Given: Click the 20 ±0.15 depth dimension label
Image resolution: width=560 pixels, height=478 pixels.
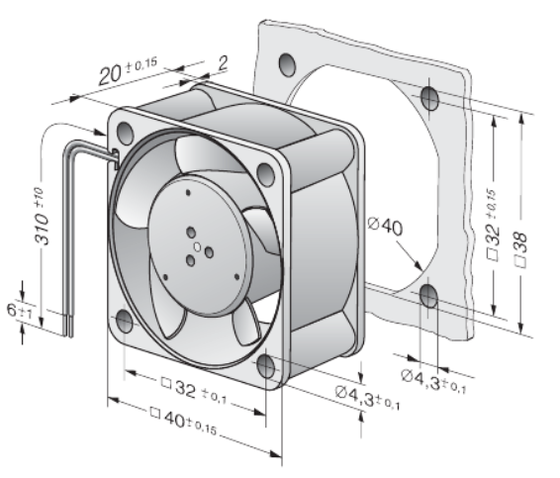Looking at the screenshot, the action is point(128,70).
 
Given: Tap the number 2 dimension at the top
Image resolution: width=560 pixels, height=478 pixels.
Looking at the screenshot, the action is point(223,63).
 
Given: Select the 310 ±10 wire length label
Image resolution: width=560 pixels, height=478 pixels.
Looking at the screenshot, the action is point(42,216).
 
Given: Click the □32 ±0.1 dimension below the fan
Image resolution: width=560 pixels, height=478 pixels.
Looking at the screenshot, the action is point(194,391).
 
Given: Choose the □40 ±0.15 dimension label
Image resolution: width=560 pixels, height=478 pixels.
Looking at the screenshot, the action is point(184,421).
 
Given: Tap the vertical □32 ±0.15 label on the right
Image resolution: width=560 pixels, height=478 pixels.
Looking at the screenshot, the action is point(492,225).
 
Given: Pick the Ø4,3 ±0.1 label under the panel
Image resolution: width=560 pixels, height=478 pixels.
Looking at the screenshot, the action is point(433,380).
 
